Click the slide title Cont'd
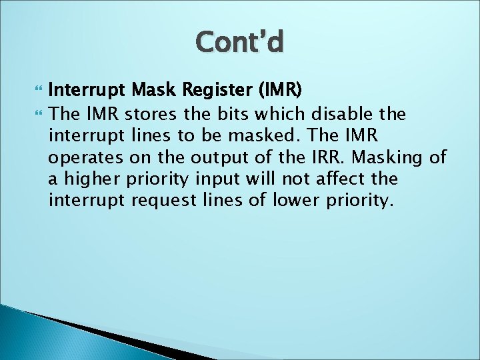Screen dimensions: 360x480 coord(240,42)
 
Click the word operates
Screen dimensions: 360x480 coord(82,158)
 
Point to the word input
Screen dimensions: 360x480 coord(218,180)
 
